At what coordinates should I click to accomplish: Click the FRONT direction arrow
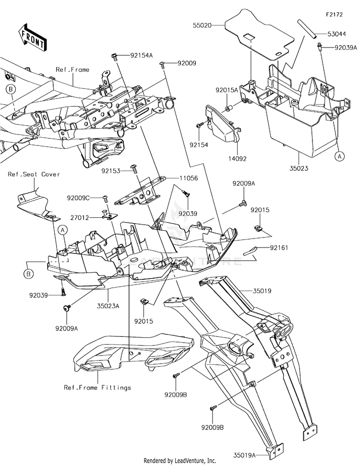pos(32,37)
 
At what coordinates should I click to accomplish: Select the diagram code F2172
pos(335,14)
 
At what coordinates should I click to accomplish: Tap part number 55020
pos(202,25)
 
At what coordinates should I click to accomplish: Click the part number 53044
pos(336,34)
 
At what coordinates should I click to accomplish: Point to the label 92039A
pos(346,48)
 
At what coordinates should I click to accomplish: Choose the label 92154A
pos(142,55)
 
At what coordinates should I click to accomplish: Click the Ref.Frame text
pos(72,70)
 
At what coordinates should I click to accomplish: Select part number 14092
pos(237,159)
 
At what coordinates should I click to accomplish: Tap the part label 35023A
pos(108,306)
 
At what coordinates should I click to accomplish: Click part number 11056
pos(189,178)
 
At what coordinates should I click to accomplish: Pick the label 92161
pos(279,247)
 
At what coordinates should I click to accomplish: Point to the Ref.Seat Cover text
pos(34,174)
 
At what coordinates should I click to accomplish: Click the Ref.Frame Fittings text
pos(97,388)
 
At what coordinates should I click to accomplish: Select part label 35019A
pos(244,454)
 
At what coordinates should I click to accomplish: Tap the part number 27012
pos(80,218)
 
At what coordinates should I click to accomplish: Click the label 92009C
pos(78,198)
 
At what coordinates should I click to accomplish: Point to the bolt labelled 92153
pos(134,169)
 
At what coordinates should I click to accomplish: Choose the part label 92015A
pos(227,90)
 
